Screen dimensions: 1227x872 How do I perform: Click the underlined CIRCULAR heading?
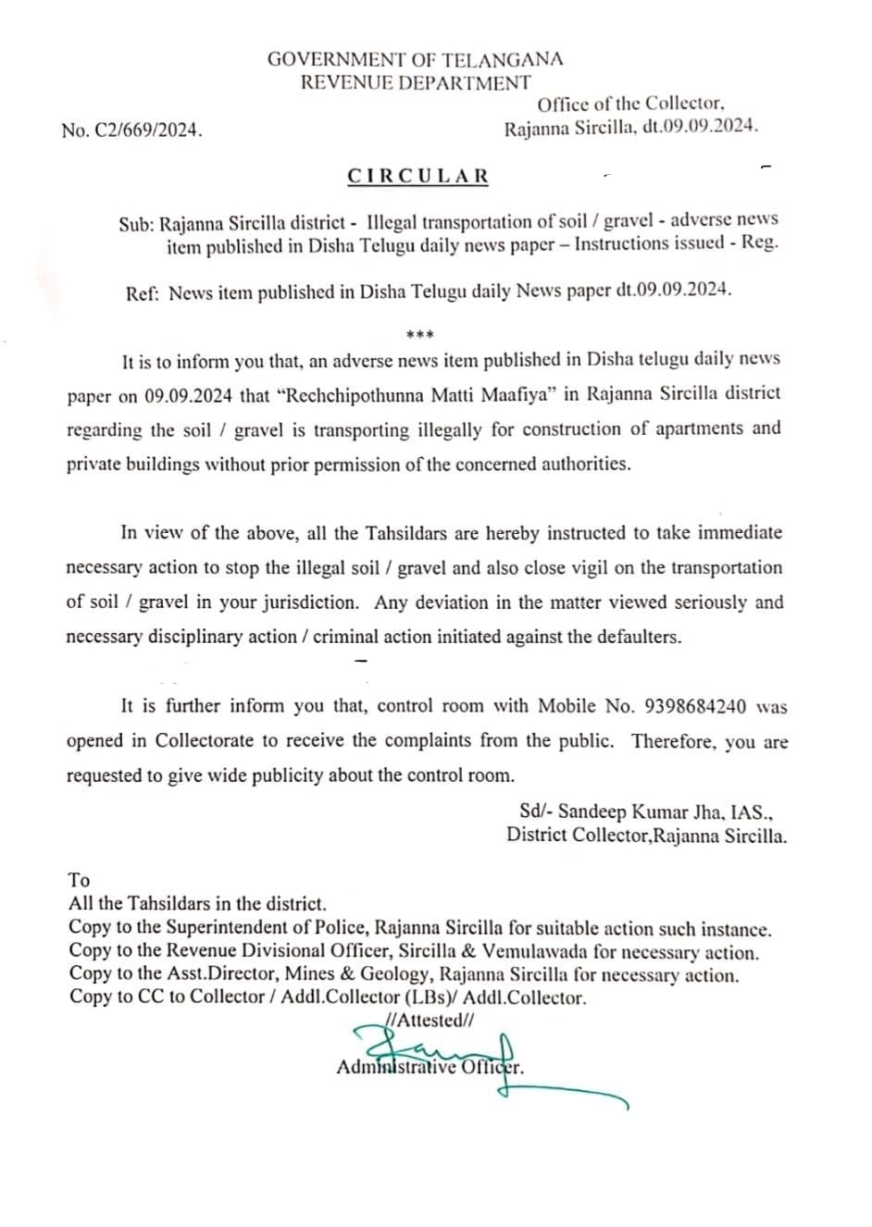[x=418, y=176]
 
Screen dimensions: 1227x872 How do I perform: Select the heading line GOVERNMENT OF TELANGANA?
[x=415, y=59]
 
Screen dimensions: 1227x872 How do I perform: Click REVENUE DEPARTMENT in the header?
[x=415, y=82]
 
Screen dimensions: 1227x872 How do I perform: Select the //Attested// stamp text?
[x=430, y=1021]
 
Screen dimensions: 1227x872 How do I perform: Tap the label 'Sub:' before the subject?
[x=137, y=223]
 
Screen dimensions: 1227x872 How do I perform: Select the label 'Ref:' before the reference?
[x=143, y=292]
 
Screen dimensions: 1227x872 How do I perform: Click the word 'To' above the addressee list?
[x=79, y=880]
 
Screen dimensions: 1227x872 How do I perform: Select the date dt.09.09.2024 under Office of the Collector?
[x=706, y=129]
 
